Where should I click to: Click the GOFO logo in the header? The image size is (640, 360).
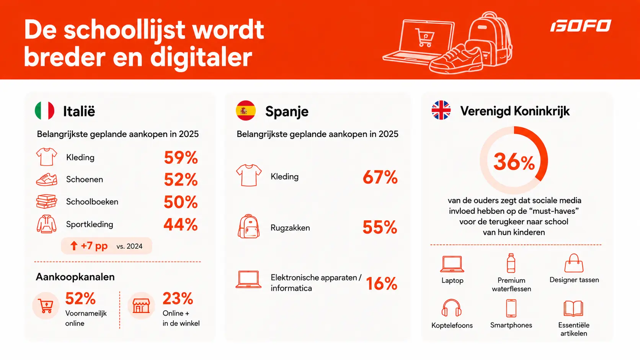581,26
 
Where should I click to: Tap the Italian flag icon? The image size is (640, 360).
44,111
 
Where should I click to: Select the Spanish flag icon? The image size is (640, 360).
246,111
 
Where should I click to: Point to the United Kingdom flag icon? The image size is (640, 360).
441,110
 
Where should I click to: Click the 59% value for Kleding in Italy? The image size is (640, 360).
181,157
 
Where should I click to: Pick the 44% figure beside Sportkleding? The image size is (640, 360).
181,225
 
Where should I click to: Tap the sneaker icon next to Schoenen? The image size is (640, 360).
47,179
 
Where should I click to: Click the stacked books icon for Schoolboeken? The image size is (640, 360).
47,202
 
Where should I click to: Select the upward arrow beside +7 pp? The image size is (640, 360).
74,246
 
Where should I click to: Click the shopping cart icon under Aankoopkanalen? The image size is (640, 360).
46,306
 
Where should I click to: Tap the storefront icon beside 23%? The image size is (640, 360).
141,306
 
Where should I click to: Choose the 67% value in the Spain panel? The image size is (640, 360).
380,177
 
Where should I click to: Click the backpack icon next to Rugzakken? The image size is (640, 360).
248,226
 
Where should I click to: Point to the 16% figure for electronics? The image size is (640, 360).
381,284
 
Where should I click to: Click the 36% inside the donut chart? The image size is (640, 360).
514,161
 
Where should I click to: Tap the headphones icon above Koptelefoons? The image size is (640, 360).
451,308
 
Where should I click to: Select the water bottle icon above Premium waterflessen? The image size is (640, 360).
511,263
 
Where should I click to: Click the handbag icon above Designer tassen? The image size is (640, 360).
574,263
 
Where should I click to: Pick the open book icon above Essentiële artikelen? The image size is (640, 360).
573,308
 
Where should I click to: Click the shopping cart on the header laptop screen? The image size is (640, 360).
424,37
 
